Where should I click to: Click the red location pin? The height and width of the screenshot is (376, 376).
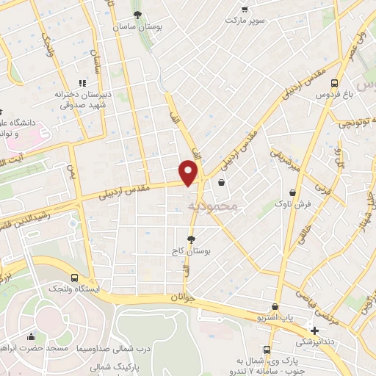click(x=189, y=173)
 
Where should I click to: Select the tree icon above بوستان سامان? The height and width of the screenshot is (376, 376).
click(x=136, y=14)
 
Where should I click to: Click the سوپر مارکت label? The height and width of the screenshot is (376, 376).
click(x=245, y=22)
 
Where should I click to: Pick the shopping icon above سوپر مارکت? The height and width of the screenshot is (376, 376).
click(x=245, y=10)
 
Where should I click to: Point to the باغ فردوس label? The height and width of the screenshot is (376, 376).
click(x=334, y=95)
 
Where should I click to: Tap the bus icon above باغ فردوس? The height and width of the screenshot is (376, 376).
click(x=334, y=83)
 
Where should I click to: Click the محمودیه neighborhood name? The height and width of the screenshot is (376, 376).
click(x=214, y=206)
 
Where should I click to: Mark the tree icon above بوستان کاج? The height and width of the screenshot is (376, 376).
click(x=192, y=239)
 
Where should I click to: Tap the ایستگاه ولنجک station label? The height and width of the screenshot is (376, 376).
click(x=75, y=289)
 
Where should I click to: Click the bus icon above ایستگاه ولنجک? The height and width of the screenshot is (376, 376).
click(x=75, y=278)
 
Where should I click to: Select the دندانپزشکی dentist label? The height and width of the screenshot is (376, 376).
click(x=315, y=342)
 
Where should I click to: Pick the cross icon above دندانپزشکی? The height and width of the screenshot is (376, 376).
click(x=315, y=330)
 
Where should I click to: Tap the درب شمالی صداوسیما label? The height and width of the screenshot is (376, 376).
click(x=114, y=347)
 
